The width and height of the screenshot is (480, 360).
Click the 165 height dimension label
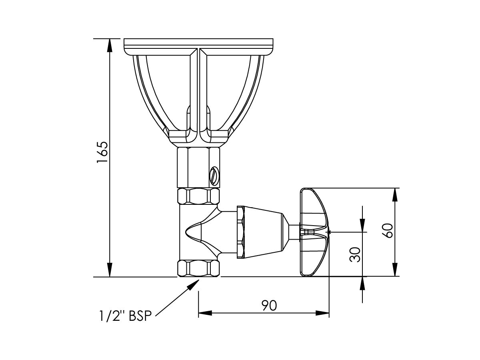(x=102, y=152)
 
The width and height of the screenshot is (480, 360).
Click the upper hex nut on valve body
(x=199, y=196)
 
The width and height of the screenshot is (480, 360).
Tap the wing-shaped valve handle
(x=314, y=232)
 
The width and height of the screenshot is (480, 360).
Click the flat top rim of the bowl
(x=199, y=42)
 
